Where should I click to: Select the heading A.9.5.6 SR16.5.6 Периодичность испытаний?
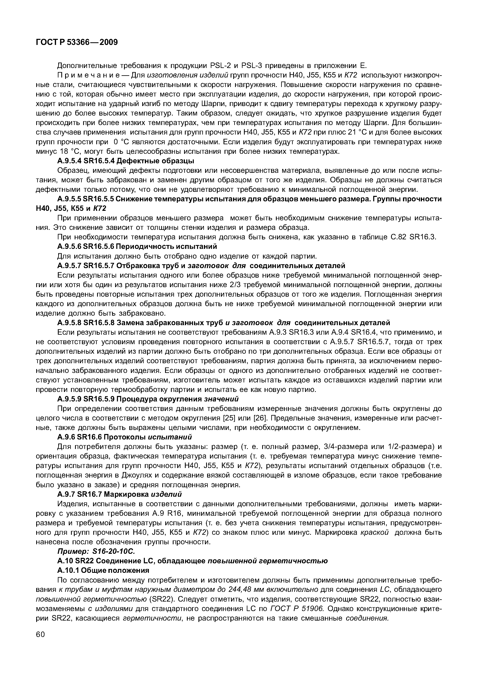click(137, 246)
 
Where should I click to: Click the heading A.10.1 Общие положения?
click(103, 570)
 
